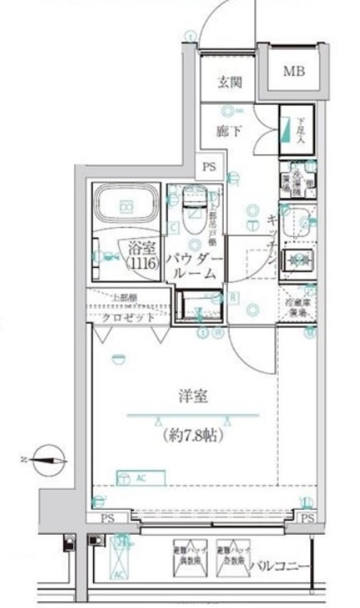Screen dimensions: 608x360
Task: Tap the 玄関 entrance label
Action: pos(229,82)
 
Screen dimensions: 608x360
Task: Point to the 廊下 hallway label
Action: pos(228,131)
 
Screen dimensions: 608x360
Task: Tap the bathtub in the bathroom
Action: pos(125,206)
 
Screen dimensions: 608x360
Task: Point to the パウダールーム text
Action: pos(195,265)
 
